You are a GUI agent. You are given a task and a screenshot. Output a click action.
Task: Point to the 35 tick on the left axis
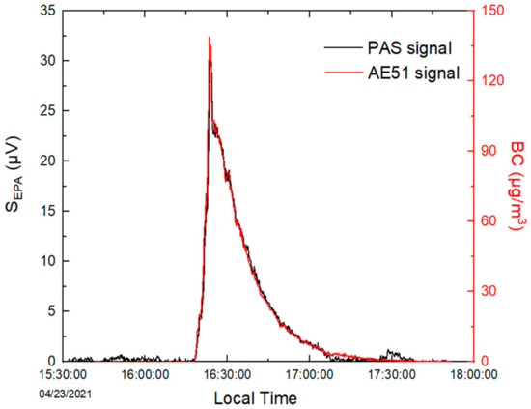[46, 11]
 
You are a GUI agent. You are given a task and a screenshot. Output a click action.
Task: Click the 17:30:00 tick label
[388, 376]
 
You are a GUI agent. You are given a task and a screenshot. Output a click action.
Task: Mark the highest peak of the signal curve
[210, 39]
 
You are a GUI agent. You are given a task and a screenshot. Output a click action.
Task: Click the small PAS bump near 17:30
[390, 352]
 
